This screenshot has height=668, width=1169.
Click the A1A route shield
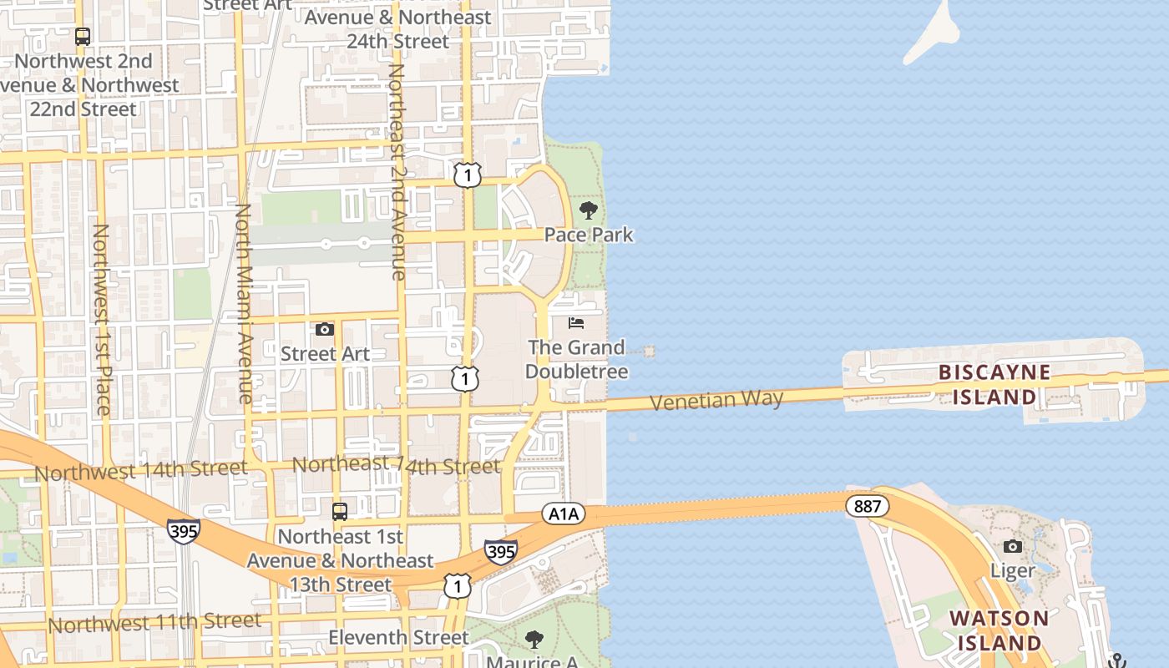coord(563,514)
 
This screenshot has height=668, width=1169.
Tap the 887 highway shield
coord(867,505)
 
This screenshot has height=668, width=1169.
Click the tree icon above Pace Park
coord(589,210)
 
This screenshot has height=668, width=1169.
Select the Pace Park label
coord(589,235)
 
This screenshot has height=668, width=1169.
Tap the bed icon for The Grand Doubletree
coord(576,322)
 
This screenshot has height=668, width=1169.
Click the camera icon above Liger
coord(1012,546)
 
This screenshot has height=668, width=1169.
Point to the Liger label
coord(1012,570)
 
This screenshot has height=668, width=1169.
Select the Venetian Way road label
coord(716,400)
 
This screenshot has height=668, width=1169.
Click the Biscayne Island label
coord(994,384)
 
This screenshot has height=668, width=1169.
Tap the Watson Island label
coord(999,630)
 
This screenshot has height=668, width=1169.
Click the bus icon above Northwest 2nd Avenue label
coord(82,37)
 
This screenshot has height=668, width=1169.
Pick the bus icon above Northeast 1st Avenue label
coord(340,511)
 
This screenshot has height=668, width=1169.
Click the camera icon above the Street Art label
coord(324,330)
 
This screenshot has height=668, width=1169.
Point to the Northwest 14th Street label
coord(140,470)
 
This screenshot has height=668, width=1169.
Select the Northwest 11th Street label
coord(154,622)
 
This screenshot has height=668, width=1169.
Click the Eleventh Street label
coord(398,638)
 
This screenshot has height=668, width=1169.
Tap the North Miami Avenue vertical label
coord(243,304)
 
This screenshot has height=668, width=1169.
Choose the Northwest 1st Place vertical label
coord(101,319)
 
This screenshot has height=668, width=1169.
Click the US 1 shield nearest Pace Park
coord(468,175)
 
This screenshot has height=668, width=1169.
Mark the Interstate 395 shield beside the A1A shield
coord(501,551)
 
